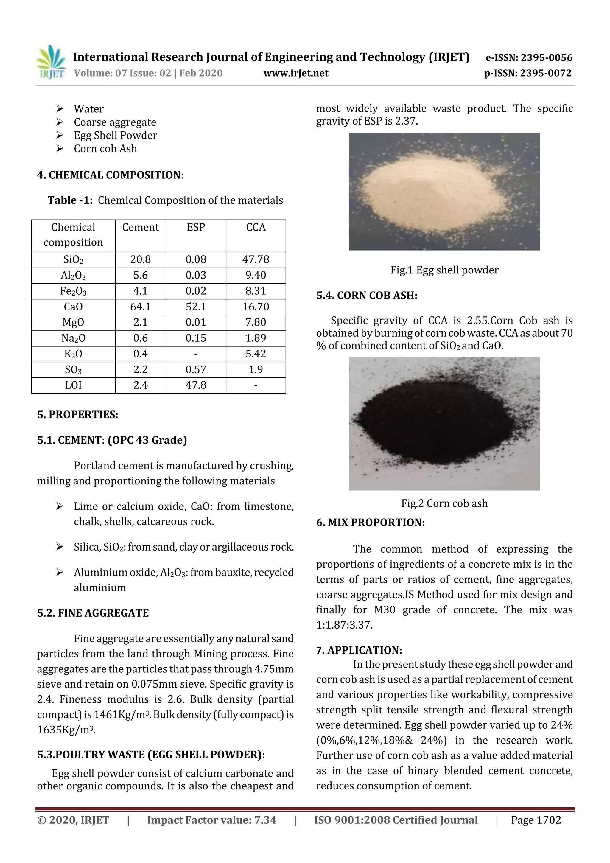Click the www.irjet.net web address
click(x=296, y=73)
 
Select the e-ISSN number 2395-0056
click(x=546, y=58)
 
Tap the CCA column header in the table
click(x=256, y=227)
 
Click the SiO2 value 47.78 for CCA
click(x=256, y=259)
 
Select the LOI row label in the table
click(x=73, y=385)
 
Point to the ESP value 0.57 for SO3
click(x=195, y=369)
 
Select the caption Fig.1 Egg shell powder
click(x=444, y=270)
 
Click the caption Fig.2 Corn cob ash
click(x=444, y=503)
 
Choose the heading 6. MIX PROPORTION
click(x=370, y=523)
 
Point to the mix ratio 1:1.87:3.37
click(x=344, y=625)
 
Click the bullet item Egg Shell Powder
click(x=115, y=135)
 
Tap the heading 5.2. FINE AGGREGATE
click(x=93, y=613)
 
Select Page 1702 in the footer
click(x=536, y=820)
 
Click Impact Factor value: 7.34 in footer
click(x=211, y=820)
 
